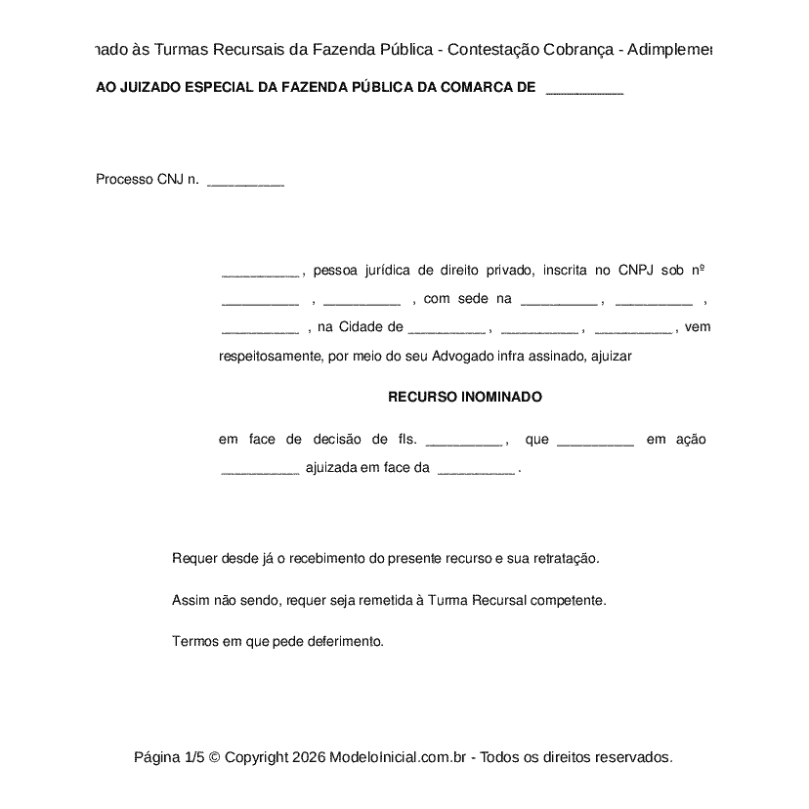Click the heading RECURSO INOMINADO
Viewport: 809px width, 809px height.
(x=464, y=398)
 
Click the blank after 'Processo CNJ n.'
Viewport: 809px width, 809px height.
(x=246, y=181)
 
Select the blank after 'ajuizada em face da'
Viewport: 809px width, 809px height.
(x=476, y=469)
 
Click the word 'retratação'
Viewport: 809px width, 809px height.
(x=565, y=559)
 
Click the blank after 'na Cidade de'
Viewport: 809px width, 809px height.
(x=447, y=328)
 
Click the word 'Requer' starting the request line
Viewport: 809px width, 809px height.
(x=191, y=559)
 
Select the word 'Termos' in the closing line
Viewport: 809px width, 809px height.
(x=192, y=642)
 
